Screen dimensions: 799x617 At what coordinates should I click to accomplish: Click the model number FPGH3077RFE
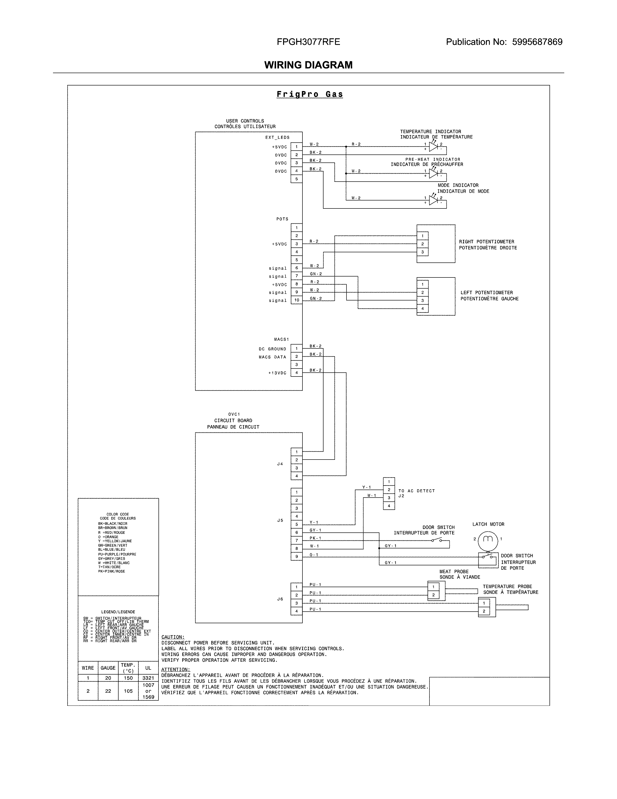tap(308, 42)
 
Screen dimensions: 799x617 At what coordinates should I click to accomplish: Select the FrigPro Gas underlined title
tap(310, 94)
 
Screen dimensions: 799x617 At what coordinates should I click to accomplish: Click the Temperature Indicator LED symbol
tap(433, 147)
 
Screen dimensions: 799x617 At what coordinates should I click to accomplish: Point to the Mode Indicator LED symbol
tap(433, 200)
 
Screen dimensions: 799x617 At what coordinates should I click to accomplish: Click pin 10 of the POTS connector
tap(296, 300)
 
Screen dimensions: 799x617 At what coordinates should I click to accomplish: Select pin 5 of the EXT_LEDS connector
tap(296, 179)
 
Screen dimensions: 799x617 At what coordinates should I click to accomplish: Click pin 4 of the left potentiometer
tap(422, 308)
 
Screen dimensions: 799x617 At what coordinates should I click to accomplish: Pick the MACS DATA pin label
tap(272, 357)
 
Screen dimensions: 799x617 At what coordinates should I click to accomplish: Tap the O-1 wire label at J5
tap(314, 555)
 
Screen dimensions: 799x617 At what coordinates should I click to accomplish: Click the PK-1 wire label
tap(315, 538)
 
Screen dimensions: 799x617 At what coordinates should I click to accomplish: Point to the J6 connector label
tap(280, 599)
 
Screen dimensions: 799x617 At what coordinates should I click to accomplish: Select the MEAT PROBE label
tap(454, 571)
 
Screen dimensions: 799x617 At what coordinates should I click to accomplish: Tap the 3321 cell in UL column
tap(148, 678)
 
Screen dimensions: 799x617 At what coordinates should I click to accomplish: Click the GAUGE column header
tap(108, 668)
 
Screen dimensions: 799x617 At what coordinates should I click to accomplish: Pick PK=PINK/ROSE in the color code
tap(112, 571)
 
